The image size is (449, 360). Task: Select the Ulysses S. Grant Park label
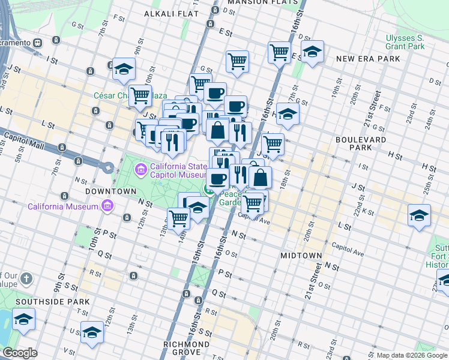405,41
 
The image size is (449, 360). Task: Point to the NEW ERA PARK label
368,59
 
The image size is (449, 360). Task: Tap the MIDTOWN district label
301,256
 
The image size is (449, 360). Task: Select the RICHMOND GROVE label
187,344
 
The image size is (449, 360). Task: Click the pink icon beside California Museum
107,207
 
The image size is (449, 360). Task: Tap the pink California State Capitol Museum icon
140,170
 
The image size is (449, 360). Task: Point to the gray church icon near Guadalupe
26,278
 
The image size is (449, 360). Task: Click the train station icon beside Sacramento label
37,43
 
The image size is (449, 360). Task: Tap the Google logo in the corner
20,353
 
